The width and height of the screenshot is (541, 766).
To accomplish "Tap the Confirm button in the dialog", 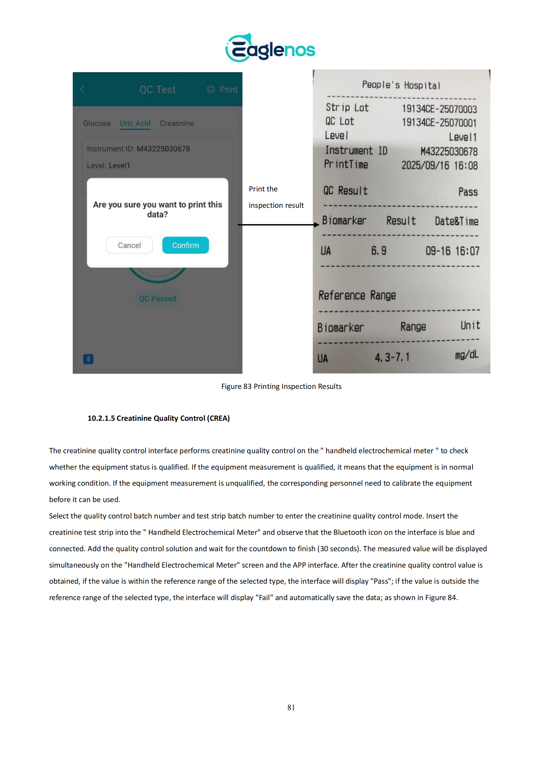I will click(185, 245).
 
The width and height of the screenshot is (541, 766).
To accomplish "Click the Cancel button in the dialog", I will click(129, 245).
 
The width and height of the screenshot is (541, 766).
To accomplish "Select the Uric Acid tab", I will click(135, 123).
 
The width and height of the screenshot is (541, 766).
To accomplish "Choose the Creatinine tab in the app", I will click(177, 123).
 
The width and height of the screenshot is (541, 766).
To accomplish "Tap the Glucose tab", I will click(97, 123).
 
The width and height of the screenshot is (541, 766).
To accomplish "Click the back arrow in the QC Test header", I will click(82, 89).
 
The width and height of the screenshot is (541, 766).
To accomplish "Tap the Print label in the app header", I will click(228, 89).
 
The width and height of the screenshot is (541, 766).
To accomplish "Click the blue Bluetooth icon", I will click(88, 359).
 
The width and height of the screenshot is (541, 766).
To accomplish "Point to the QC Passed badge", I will click(157, 298).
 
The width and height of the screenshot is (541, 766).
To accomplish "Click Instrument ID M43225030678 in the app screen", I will click(138, 149).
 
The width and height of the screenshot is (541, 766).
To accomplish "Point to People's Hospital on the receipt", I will click(401, 85).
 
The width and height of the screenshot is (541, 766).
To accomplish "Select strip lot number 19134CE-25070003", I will click(439, 109).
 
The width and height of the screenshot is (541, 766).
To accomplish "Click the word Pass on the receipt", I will click(468, 192).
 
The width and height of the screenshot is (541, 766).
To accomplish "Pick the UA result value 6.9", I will click(379, 251).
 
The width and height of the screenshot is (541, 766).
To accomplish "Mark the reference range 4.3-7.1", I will click(392, 358).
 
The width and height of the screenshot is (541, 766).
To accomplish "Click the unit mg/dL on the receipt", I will click(467, 355).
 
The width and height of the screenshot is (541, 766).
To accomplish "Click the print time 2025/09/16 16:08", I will click(439, 165).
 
